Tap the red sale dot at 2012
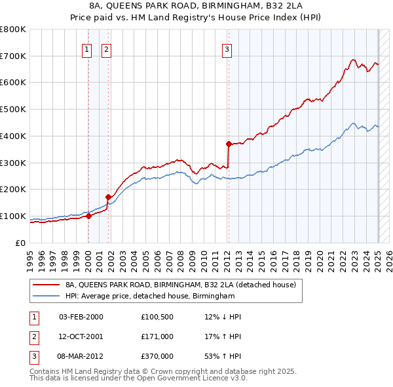coord(229,144)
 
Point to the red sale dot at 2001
coord(109,196)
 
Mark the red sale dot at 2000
coord(88,216)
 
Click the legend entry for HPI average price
coord(150,296)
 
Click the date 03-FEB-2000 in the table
coord(81,317)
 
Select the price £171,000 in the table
coord(157,336)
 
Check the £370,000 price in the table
coord(157,356)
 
